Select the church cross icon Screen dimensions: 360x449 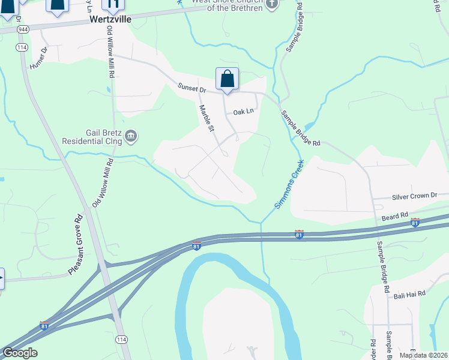click(x=272, y=4)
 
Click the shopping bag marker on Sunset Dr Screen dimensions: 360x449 click(x=228, y=79)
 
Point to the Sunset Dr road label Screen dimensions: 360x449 click(x=191, y=88)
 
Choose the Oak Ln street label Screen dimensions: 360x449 click(x=244, y=112)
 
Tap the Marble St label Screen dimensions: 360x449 click(x=206, y=118)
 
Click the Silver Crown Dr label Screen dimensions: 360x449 click(x=415, y=196)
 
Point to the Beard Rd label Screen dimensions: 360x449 click(x=395, y=214)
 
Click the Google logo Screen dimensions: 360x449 click(x=20, y=352)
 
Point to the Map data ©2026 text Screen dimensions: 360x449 click(x=423, y=355)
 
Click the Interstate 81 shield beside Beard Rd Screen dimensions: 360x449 click(x=414, y=223)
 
